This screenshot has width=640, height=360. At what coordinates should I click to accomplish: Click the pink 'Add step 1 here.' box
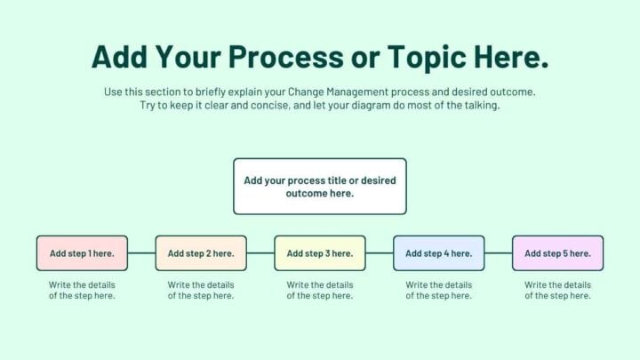(82, 253)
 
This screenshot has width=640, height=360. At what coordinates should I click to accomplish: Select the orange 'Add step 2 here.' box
(201, 253)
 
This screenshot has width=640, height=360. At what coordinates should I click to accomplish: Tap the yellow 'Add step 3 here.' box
(320, 253)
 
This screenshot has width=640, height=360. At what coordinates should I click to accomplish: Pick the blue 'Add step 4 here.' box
(439, 253)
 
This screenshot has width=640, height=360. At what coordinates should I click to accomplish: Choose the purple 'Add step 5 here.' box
(557, 253)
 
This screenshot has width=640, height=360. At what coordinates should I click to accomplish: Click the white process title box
(320, 187)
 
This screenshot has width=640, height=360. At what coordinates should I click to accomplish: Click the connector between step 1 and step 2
(141, 253)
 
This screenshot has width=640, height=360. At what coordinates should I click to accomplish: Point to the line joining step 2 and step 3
(260, 253)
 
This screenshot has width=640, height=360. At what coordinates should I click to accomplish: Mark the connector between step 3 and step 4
(380, 253)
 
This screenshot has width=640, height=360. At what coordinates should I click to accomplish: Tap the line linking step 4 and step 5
(499, 253)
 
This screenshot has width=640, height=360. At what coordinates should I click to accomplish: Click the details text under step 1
(82, 291)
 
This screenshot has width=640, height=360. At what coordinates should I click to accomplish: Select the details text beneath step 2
(201, 291)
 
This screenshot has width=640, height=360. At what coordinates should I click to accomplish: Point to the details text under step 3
(320, 291)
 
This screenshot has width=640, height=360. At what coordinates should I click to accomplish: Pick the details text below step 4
(439, 291)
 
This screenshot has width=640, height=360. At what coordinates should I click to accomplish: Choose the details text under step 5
(557, 291)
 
